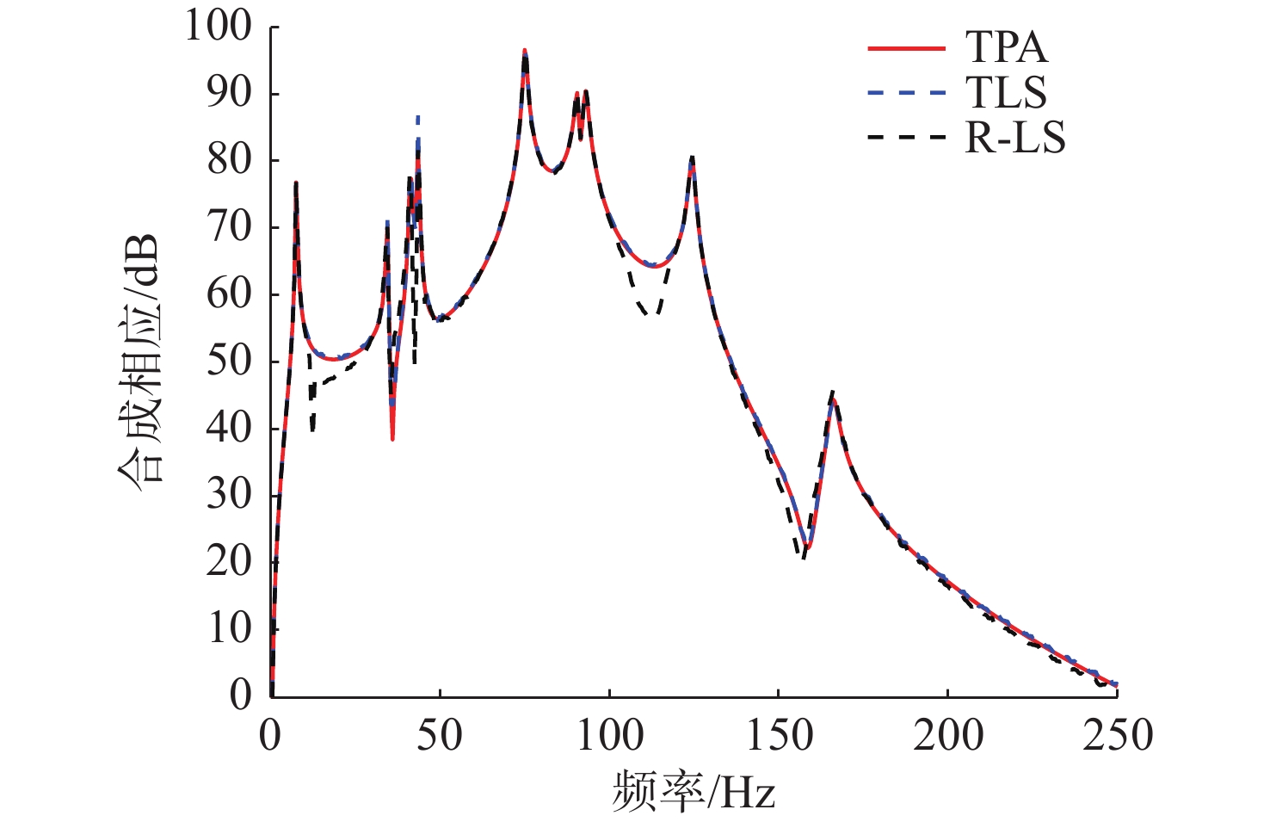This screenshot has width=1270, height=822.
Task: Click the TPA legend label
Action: tap(1006, 47)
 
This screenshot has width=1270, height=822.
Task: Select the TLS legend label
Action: tap(1006, 93)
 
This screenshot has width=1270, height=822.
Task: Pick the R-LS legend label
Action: tap(1015, 138)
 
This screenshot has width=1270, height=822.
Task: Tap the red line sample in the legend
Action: tap(906, 48)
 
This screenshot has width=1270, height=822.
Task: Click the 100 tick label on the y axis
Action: tap(219, 27)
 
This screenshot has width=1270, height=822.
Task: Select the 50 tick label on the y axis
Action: tap(230, 361)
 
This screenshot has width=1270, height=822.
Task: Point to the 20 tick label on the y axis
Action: tap(230, 561)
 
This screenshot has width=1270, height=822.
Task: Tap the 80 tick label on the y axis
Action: tap(230, 160)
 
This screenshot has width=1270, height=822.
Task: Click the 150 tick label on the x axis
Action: tap(778, 737)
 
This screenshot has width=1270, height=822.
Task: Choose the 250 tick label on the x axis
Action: tap(1117, 737)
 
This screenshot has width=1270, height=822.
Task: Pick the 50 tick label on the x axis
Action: tap(440, 737)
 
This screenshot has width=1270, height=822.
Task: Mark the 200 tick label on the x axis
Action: tap(947, 737)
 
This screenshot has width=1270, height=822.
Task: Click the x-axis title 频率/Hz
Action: tap(694, 790)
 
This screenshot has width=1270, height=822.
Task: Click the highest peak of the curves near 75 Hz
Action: tap(525, 52)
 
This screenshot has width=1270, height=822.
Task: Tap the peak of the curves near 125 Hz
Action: tap(692, 158)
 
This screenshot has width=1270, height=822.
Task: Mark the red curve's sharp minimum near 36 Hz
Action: tap(392, 439)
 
